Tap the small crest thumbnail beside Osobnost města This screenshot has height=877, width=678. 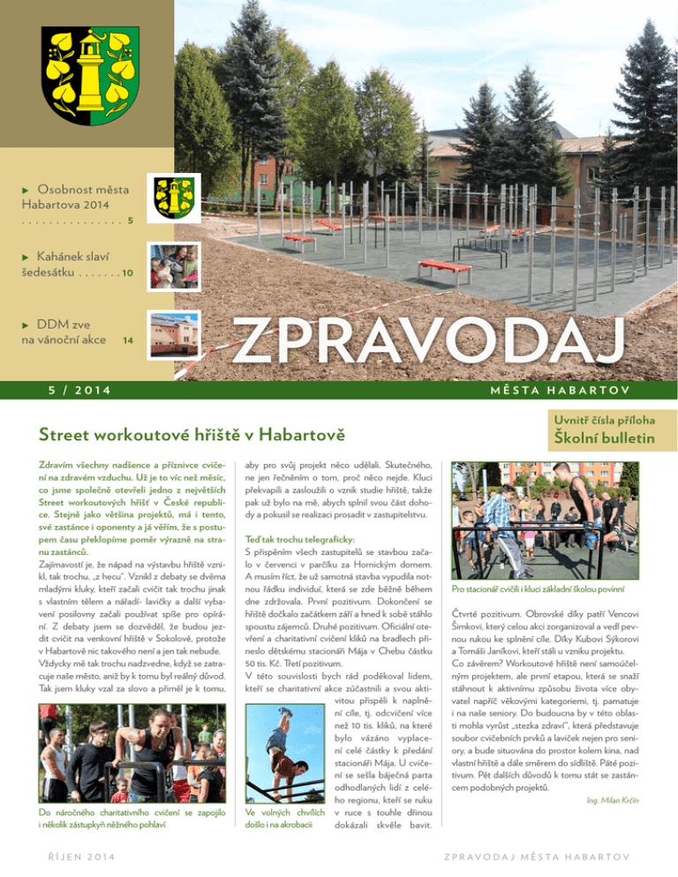(177, 199)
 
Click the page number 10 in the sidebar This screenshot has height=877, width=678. (127, 274)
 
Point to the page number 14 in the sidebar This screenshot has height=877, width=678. (128, 340)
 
